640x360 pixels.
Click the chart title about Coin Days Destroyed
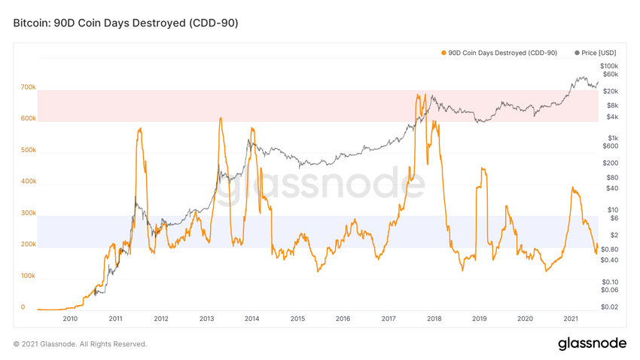(126, 23)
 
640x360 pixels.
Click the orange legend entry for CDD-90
(498, 53)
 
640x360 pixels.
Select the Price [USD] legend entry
(596, 53)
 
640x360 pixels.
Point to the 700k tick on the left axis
(28, 87)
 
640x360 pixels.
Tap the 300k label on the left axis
(28, 213)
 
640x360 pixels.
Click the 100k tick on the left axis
(28, 276)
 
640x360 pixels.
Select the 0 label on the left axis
(23, 307)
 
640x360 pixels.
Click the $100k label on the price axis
(609, 66)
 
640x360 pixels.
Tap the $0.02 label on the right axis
(610, 307)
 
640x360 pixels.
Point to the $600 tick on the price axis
(610, 146)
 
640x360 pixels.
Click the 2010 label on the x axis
(70, 319)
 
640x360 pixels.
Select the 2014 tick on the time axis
(251, 319)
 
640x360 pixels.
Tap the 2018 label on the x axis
(434, 319)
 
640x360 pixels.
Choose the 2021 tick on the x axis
(571, 319)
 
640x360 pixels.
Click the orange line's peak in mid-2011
(140, 129)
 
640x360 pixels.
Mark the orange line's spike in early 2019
(483, 168)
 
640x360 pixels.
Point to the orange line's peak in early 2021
(573, 188)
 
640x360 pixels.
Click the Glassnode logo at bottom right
(592, 343)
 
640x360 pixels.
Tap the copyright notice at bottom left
(81, 344)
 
